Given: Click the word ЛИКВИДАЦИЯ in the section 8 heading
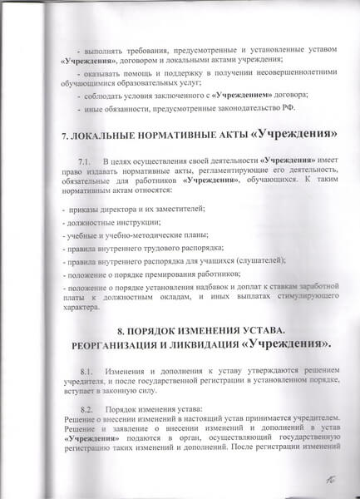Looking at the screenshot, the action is tap(228, 343).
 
